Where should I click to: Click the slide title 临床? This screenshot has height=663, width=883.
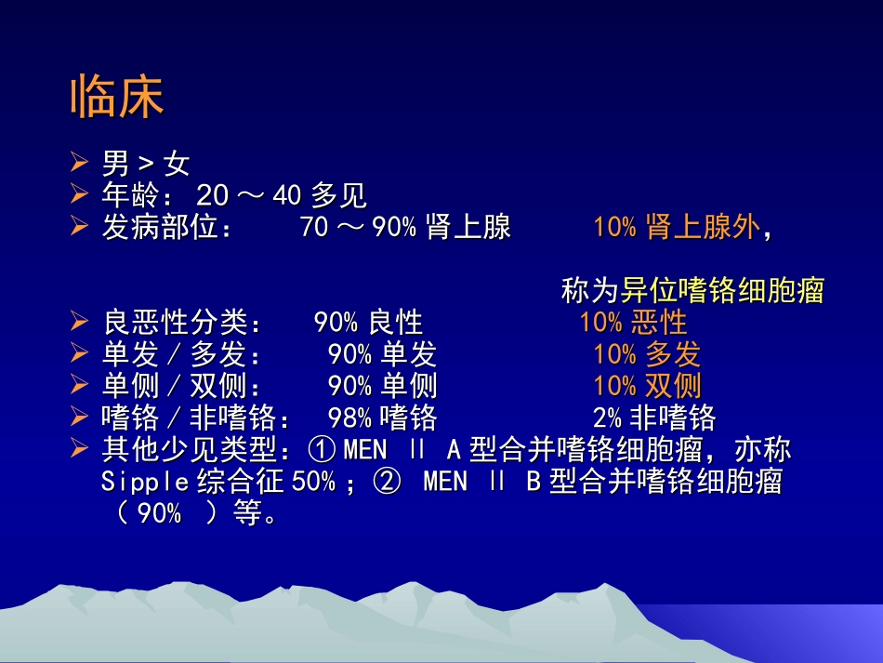pyautogui.click(x=117, y=98)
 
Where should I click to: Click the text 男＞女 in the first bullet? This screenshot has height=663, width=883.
pyautogui.click(x=146, y=165)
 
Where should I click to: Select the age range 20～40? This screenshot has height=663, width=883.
pyautogui.click(x=251, y=196)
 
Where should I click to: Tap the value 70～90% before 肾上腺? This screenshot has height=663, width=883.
pyautogui.click(x=358, y=228)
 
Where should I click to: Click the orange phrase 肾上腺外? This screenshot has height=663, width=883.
pyautogui.click(x=702, y=228)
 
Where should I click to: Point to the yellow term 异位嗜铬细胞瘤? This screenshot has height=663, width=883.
pyautogui.click(x=722, y=291)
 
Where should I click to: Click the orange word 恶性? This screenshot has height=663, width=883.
pyautogui.click(x=659, y=323)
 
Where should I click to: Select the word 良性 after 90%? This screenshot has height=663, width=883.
pyautogui.click(x=395, y=323)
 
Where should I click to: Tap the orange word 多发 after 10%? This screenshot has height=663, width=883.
pyautogui.click(x=673, y=354)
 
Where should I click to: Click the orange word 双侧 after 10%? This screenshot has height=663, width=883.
pyautogui.click(x=673, y=385)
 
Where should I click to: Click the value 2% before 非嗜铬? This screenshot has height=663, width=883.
pyautogui.click(x=607, y=418)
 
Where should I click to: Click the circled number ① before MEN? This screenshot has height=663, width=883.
pyautogui.click(x=322, y=450)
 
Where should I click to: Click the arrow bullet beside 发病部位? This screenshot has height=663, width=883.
pyautogui.click(x=80, y=227)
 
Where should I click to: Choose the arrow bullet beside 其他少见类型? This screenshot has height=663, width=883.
pyautogui.click(x=80, y=449)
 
